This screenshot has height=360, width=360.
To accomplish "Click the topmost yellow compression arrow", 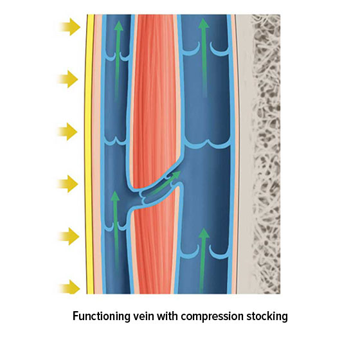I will [69, 27].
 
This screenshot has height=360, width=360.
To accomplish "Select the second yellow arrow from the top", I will [69, 80].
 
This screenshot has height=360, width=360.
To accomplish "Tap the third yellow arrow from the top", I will [69, 132].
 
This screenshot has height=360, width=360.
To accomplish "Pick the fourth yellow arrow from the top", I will [69, 185].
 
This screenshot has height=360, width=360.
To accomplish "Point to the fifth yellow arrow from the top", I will [69, 237].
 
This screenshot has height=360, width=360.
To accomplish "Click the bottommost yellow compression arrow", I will [69, 288].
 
